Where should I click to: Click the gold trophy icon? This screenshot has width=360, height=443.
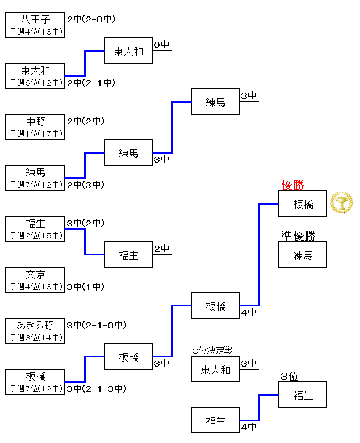pos(341,203)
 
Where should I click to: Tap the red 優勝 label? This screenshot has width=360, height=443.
pos(292,185)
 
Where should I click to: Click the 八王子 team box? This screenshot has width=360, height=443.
pos(35,25)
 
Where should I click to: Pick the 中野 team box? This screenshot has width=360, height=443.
pos(35,127)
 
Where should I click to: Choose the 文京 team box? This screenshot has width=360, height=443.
pos(35,280)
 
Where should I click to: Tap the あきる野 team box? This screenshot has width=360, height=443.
pos(35,331)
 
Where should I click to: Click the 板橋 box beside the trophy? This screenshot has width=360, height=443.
pos(303,204)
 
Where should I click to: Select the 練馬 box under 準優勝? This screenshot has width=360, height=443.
pos(303,255)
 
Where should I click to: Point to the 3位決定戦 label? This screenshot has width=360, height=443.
pos(213,351)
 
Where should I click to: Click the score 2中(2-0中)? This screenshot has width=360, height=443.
pos(91,19)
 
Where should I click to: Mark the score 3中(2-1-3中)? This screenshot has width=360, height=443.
pos(96,389)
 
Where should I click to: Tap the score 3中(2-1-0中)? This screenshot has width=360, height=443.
pos(96,325)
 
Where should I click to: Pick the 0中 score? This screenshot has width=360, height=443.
pos(162,45)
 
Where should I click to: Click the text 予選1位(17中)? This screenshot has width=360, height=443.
pos(35,134)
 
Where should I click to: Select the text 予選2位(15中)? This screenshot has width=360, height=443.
pos(35,236)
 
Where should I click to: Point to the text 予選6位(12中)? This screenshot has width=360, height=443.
pos(35,83)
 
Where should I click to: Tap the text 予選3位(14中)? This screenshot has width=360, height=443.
pos(35,338)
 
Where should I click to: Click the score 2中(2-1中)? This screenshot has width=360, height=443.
pos(91,83)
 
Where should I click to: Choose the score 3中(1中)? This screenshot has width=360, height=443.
pos(85,287)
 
